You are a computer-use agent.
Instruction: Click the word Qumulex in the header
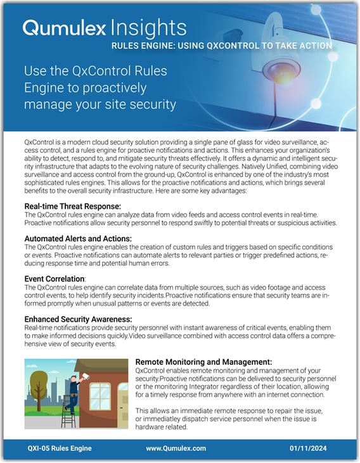61,27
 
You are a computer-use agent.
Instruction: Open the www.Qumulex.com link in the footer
176,448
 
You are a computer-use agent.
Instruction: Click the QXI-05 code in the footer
40,448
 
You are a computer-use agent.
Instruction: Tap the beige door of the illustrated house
122,412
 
